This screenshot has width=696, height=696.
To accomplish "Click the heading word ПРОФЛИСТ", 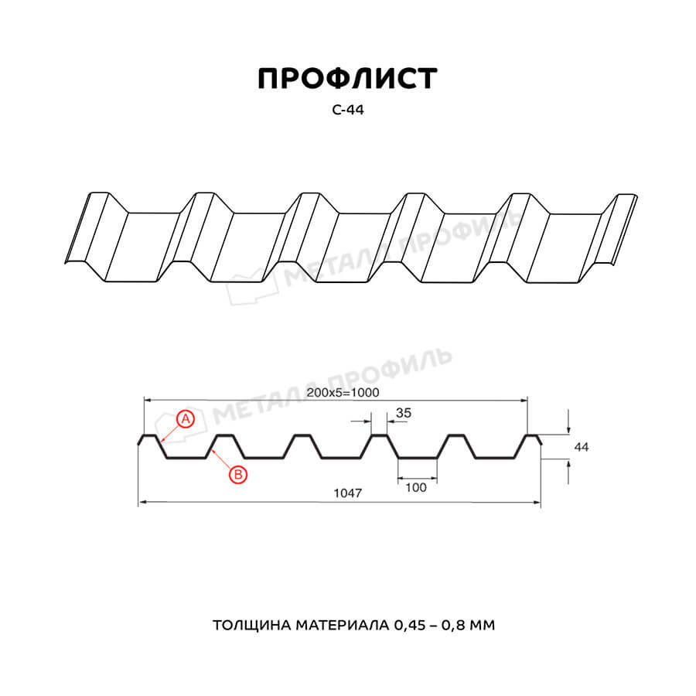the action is [347, 79].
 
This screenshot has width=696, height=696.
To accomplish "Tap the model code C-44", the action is [347, 110].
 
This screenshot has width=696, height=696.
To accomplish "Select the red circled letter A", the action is [186, 418].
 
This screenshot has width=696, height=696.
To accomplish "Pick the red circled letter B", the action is [238, 475].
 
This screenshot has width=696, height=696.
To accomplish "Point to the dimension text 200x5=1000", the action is [343, 392].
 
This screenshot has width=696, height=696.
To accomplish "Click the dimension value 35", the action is [404, 413].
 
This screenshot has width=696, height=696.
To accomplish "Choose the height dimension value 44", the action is [581, 447].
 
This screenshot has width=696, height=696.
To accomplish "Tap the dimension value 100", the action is [416, 487].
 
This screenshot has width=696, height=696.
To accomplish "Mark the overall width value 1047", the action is [347, 493].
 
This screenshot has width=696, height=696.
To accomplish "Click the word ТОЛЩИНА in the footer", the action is [251, 626].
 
